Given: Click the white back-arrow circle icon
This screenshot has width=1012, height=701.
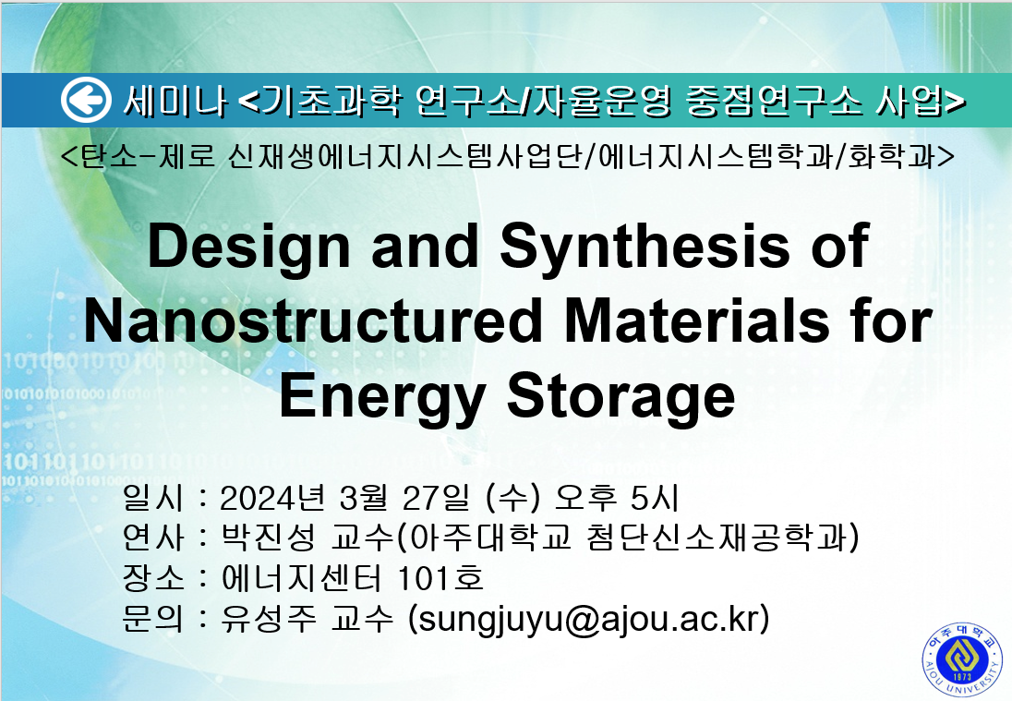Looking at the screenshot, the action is [x=86, y=100].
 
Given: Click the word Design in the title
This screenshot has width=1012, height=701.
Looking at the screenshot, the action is [x=248, y=248].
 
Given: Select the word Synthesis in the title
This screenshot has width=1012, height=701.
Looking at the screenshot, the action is [x=645, y=248].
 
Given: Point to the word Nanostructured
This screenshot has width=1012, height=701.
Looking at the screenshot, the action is [x=313, y=320].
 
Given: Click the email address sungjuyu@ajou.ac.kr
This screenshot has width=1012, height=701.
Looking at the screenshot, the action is [x=588, y=619].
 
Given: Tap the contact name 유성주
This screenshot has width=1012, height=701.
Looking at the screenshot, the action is [x=269, y=619].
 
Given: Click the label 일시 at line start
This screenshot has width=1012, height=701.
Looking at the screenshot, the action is [x=153, y=498].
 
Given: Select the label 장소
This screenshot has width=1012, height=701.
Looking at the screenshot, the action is [x=153, y=578].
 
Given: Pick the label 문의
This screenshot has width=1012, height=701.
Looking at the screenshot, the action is [x=153, y=619].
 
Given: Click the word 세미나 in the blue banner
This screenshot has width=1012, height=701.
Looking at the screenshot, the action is [x=175, y=101].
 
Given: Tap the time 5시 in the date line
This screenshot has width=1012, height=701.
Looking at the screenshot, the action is [x=655, y=498].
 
